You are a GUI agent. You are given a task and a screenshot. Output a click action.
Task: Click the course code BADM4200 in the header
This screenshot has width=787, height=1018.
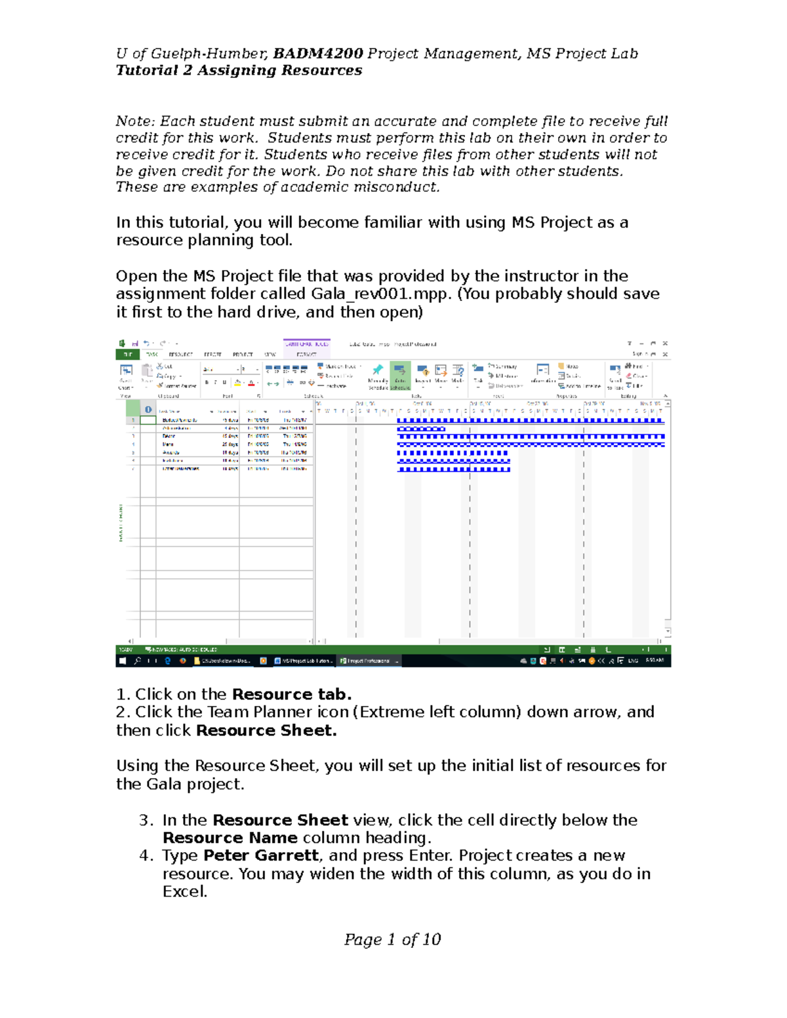click(x=318, y=54)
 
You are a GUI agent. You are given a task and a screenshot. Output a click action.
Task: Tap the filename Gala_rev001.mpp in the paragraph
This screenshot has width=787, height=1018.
click(x=381, y=294)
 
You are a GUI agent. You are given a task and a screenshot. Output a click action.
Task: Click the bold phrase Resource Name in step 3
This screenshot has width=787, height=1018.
click(x=230, y=838)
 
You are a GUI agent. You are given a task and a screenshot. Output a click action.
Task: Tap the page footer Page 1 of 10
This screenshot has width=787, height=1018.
click(x=392, y=939)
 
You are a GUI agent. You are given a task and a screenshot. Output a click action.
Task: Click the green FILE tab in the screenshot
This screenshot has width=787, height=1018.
click(x=127, y=354)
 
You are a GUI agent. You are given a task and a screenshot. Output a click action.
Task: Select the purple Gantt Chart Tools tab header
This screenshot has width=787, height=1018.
click(x=306, y=344)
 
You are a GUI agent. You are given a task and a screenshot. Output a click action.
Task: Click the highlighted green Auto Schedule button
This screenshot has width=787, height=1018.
click(x=400, y=376)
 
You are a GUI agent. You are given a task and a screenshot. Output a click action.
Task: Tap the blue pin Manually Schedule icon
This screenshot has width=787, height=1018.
click(x=378, y=370)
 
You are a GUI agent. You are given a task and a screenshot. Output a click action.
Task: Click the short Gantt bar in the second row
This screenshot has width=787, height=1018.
click(x=421, y=429)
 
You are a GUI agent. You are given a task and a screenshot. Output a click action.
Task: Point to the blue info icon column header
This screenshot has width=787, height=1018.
click(x=148, y=410)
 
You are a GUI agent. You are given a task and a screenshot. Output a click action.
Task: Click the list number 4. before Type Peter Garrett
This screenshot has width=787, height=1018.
click(x=146, y=855)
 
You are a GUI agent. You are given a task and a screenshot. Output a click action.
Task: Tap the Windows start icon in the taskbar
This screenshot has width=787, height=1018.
click(x=122, y=661)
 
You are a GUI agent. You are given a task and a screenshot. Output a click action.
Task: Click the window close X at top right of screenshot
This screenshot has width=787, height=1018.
click(x=665, y=343)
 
